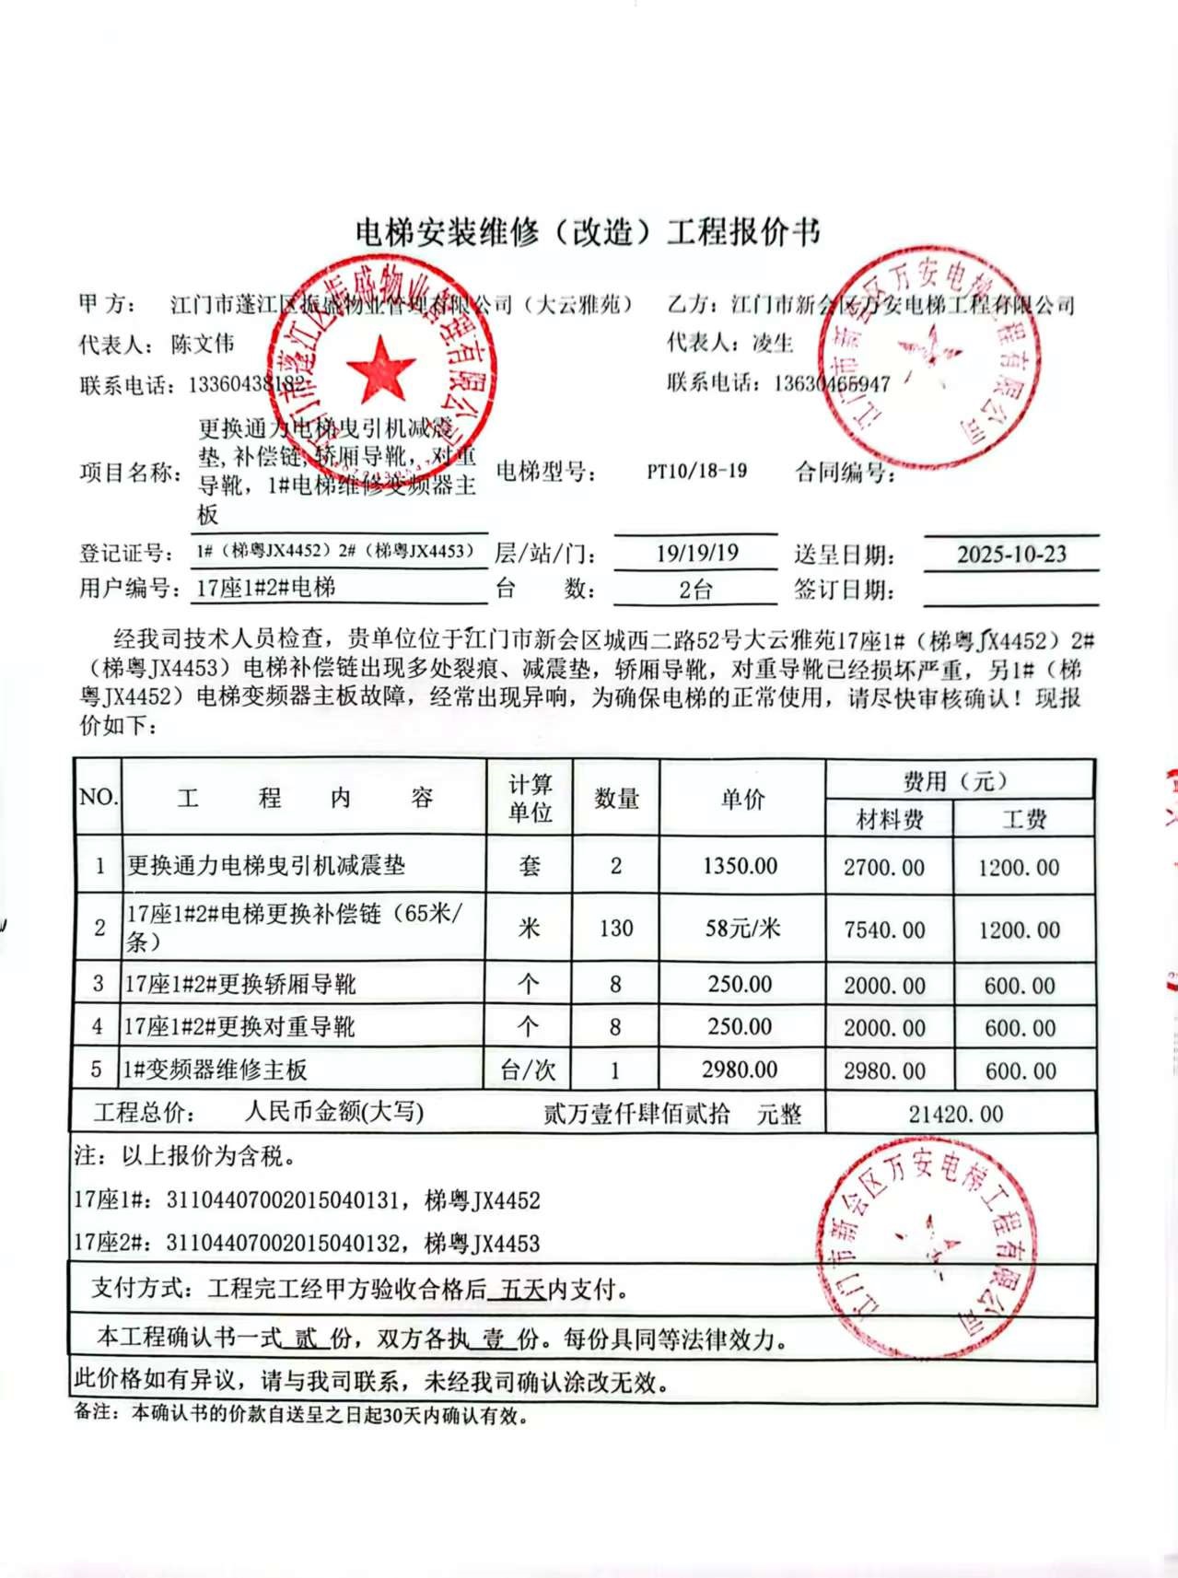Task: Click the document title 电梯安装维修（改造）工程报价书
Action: tap(587, 232)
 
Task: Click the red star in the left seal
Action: tap(381, 368)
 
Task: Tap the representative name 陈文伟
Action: tap(203, 345)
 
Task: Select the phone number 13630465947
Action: tap(832, 383)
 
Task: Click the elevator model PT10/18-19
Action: tap(696, 471)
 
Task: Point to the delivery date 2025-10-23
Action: tap(1010, 554)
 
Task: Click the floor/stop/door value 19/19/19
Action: tap(697, 553)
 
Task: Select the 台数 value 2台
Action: tap(695, 590)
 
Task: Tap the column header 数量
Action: tap(616, 799)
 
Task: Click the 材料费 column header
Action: tap(889, 819)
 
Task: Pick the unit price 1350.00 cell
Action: tap(740, 866)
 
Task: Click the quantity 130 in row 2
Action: tap(615, 928)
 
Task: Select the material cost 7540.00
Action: tap(884, 930)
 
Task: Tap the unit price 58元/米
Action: tap(742, 928)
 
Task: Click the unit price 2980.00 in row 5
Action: tap(740, 1070)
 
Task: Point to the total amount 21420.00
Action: tap(955, 1114)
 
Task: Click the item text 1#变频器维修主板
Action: tap(216, 1070)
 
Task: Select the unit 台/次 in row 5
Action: tap(528, 1070)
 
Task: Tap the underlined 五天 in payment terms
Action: tap(523, 1290)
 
